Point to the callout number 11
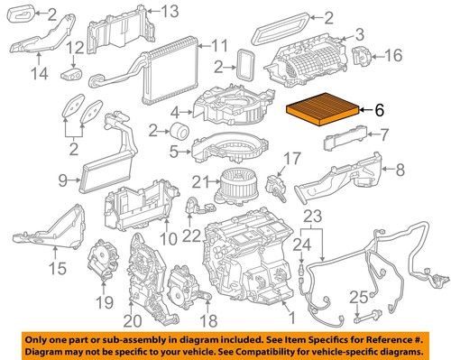[219, 45]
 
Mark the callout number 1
[290, 318]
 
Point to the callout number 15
[57, 268]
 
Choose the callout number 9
[64, 181]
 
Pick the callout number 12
[78, 47]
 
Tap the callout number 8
[393, 167]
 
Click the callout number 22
[190, 236]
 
